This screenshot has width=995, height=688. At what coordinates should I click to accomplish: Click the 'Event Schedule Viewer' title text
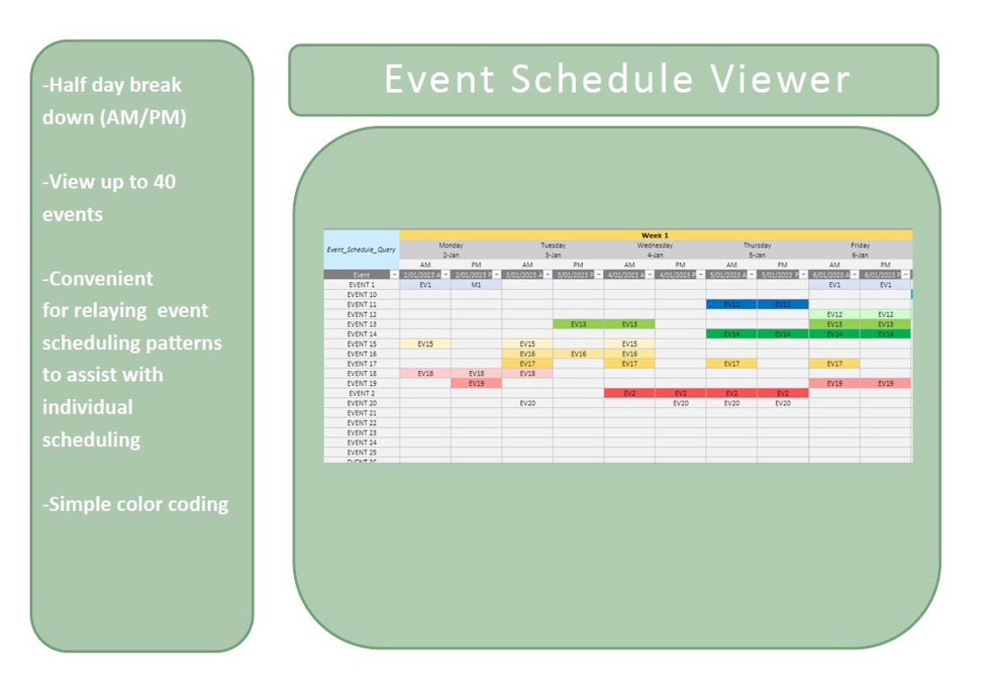point(616,79)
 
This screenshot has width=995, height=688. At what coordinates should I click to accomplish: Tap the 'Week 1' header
point(655,235)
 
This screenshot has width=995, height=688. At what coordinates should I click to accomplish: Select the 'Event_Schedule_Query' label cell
point(361,250)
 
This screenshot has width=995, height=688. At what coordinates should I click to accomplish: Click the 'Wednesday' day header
point(655,245)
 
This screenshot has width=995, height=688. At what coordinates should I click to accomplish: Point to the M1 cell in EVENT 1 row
point(476,285)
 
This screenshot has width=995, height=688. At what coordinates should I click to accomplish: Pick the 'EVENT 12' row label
point(361,314)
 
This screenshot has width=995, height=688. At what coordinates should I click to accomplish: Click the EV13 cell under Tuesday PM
point(578,324)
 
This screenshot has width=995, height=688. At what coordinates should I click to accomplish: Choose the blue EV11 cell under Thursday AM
point(731,305)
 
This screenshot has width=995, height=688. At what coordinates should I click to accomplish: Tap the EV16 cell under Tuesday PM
point(578,354)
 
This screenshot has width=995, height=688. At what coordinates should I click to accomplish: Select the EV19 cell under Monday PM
point(476,383)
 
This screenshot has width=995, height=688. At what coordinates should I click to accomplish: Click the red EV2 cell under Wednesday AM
point(629,394)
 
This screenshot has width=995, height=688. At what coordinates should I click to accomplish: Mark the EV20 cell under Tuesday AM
point(527,403)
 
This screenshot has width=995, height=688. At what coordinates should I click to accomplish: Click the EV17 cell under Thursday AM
point(731,363)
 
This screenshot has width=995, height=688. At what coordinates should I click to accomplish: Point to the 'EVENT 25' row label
point(361,452)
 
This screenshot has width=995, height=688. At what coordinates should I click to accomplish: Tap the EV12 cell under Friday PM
point(885,314)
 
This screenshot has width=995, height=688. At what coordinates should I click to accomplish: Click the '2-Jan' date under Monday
point(450,255)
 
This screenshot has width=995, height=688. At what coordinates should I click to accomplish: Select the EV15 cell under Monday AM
point(425,344)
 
